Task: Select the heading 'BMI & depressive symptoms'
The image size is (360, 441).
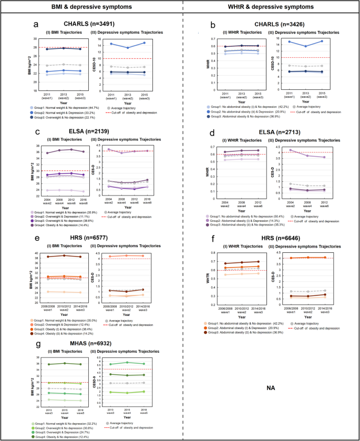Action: [90, 7]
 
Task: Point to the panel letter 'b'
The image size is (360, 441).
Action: [212, 24]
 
